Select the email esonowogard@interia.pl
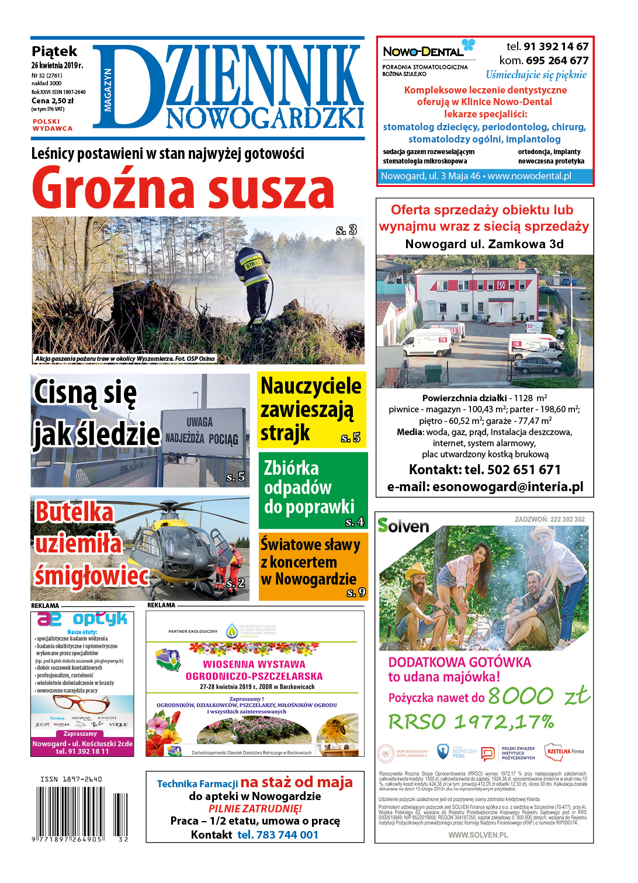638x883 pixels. [507, 487]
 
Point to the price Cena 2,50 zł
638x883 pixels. [53, 101]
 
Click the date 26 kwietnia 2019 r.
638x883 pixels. [57, 65]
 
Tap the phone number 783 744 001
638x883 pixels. [278, 835]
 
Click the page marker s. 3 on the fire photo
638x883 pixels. [346, 230]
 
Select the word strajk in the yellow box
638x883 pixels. [285, 433]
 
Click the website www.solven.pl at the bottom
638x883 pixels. [478, 835]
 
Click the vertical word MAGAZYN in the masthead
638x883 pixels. [108, 89]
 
